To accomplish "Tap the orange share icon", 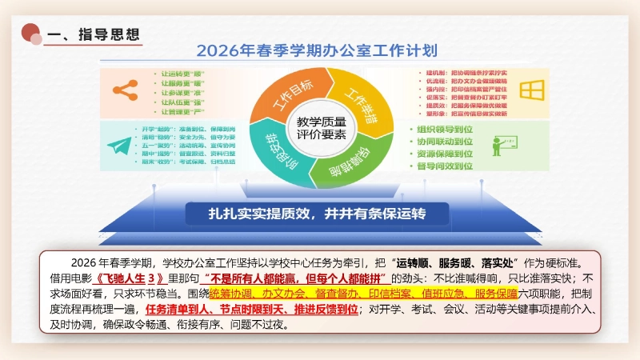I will point(123,90).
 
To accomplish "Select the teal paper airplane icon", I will point(120,146).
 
